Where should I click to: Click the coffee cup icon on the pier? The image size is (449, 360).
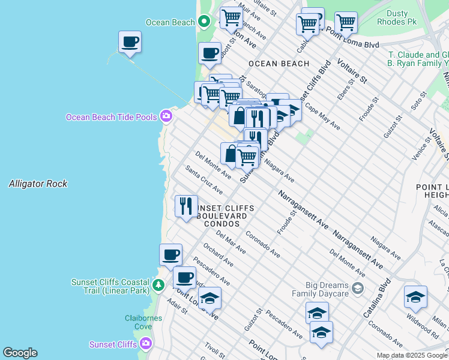pyautogui.click(x=130, y=42)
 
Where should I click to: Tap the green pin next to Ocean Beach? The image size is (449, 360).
pyautogui.click(x=204, y=22)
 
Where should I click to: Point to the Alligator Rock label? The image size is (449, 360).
pyautogui.click(x=38, y=184)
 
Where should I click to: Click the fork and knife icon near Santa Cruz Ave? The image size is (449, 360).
pyautogui.click(x=186, y=206)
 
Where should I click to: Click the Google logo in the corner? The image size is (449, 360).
pyautogui.click(x=20, y=353)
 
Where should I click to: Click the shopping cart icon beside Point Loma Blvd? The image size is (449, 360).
pyautogui.click(x=346, y=23)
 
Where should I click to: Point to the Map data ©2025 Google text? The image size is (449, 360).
pyautogui.click(x=412, y=355)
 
